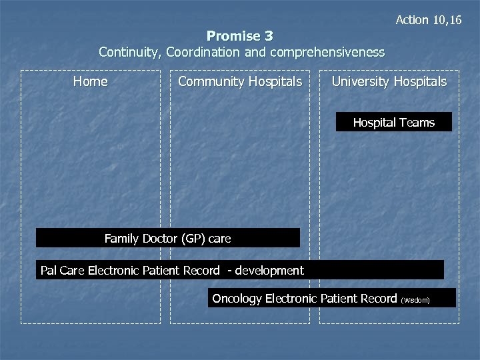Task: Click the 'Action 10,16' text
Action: pos(428,20)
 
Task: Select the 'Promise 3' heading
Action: pos(240,36)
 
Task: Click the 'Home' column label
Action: pos(90,82)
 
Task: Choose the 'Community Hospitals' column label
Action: pos(240,82)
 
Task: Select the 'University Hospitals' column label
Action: pos(389,82)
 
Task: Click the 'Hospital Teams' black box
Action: pos(393,122)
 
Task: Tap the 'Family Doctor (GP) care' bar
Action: pos(167,238)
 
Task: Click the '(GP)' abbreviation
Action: pos(189,238)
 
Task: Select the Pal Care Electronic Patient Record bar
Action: pos(239,270)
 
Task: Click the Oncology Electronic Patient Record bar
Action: pos(331,299)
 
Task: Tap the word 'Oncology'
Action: pos(237,299)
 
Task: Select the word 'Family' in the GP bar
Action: pos(122,238)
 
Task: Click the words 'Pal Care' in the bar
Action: pos(62,270)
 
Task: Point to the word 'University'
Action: pos(361,82)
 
